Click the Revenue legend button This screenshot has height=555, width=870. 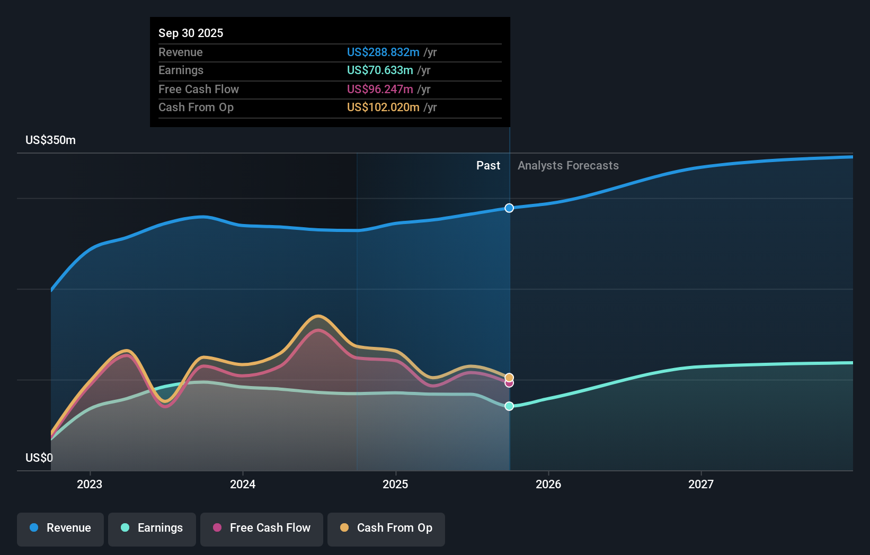[60, 529]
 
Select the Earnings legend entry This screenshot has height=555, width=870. [152, 529]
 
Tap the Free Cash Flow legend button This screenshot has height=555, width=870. [262, 529]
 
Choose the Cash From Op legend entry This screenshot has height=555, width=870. [386, 529]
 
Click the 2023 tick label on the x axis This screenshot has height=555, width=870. [90, 484]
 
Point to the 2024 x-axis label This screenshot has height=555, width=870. [243, 484]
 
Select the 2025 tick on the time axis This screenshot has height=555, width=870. [395, 484]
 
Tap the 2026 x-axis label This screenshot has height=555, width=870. [548, 484]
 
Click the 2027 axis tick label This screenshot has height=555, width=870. [701, 484]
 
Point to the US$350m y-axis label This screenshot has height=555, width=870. [51, 140]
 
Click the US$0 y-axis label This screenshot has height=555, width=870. [39, 458]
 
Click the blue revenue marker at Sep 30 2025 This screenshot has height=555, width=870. [509, 208]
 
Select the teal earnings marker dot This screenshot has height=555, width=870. [509, 406]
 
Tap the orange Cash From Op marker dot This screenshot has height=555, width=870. [509, 378]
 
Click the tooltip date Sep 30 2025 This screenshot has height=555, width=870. [191, 33]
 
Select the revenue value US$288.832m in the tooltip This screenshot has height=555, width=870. [383, 52]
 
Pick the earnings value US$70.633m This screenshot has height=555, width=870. [380, 70]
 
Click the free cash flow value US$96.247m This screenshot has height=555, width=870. [380, 89]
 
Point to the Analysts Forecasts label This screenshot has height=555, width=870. [568, 166]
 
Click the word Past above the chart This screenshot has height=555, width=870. [488, 166]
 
